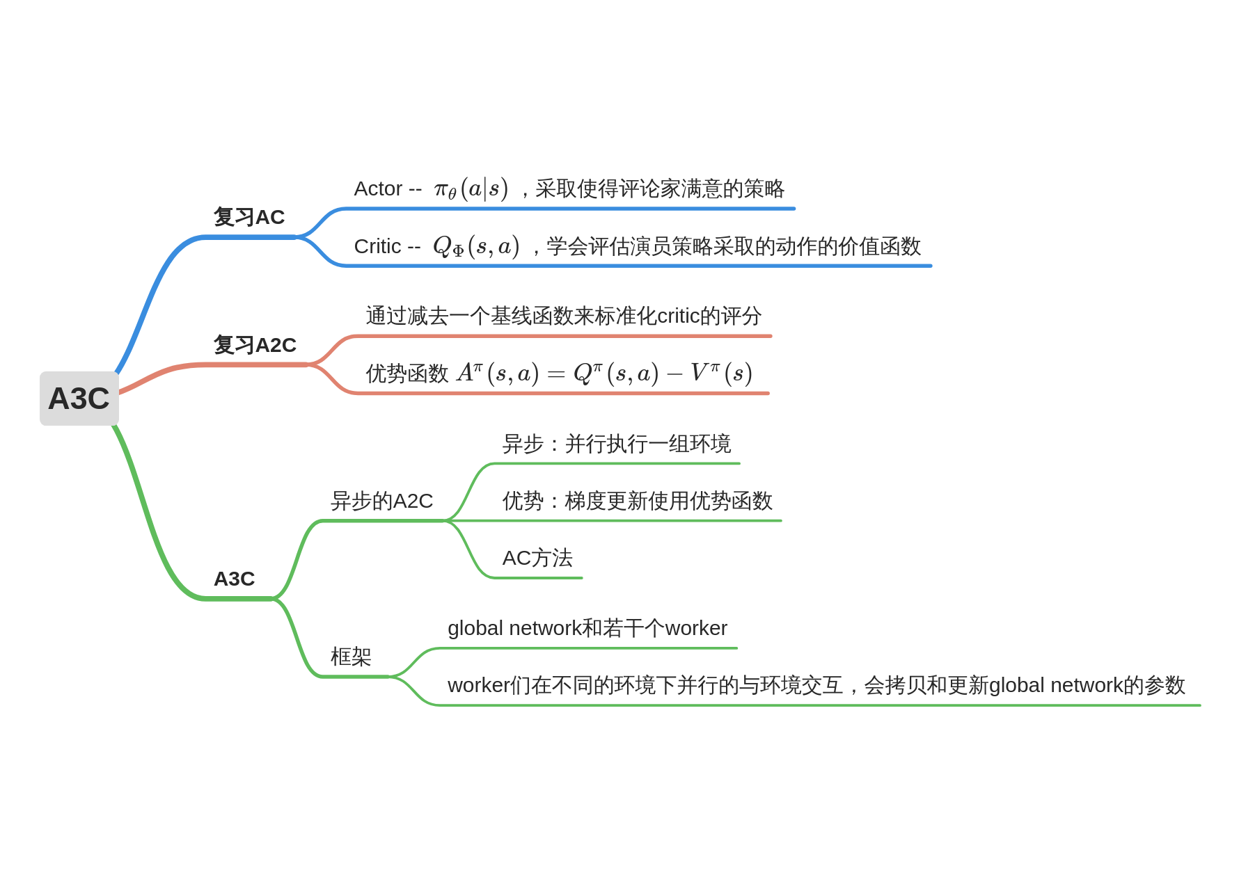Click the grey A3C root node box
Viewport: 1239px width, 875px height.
pyautogui.click(x=79, y=399)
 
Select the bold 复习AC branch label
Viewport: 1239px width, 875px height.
pyautogui.click(x=248, y=217)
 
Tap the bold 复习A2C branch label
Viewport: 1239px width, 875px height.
pyautogui.click(x=255, y=345)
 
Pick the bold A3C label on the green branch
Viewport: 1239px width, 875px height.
pyautogui.click(x=234, y=579)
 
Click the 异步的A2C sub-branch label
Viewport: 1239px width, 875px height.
pyautogui.click(x=381, y=501)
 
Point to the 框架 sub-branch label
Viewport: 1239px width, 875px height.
pyautogui.click(x=351, y=657)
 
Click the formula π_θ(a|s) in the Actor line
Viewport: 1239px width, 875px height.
pyautogui.click(x=471, y=188)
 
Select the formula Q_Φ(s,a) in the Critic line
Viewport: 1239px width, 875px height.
pyautogui.click(x=476, y=246)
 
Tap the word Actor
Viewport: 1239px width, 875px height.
pyautogui.click(x=378, y=188)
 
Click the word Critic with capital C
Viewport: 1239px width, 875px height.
pyautogui.click(x=377, y=246)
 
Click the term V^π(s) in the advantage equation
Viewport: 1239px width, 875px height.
pyautogui.click(x=721, y=374)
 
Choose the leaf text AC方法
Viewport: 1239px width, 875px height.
pyautogui.click(x=537, y=558)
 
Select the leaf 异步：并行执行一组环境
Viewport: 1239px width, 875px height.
pyautogui.click(x=616, y=444)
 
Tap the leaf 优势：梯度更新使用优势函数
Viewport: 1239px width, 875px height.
pyautogui.click(x=637, y=501)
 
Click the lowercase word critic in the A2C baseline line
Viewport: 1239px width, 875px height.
pyautogui.click(x=678, y=316)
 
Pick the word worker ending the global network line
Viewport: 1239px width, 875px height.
pyautogui.click(x=696, y=628)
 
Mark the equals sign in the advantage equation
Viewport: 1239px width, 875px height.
pyautogui.click(x=556, y=374)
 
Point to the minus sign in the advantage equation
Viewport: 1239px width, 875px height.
pyautogui.click(x=674, y=374)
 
